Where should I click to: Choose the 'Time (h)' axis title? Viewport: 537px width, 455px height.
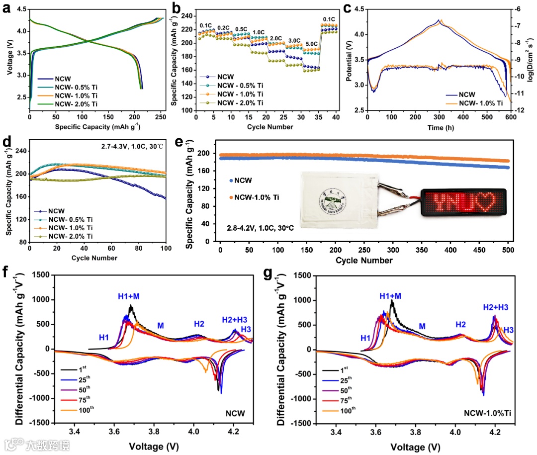[439, 127]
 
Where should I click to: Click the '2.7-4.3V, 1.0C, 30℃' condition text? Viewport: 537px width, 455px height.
[129, 146]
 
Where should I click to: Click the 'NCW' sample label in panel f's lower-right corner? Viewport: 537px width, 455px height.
[235, 413]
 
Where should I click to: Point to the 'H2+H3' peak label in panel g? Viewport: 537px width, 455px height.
[495, 308]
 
